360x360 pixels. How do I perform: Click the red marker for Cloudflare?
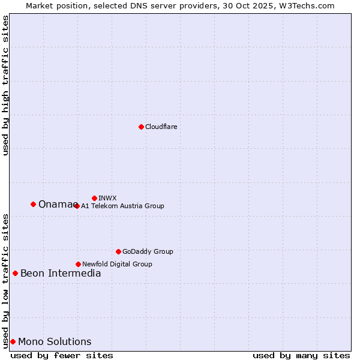[x=141, y=127]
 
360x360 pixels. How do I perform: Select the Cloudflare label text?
[x=161, y=127]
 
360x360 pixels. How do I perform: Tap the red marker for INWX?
[x=94, y=198]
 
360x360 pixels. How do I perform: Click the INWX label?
[x=107, y=198]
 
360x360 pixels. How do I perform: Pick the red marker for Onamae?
[x=33, y=204]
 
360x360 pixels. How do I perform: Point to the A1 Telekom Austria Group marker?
[x=76, y=206]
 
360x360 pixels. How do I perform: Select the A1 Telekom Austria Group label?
[x=122, y=206]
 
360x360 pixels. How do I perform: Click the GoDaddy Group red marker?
[x=118, y=251]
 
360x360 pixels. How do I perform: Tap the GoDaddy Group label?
[x=148, y=251]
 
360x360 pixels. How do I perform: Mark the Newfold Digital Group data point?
[x=78, y=264]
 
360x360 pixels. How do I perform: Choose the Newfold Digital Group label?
[x=117, y=264]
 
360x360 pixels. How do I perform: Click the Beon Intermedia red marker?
[x=15, y=273]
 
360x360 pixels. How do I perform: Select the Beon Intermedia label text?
[x=61, y=274]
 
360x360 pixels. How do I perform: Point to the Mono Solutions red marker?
[x=13, y=341]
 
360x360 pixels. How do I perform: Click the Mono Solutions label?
[x=55, y=342]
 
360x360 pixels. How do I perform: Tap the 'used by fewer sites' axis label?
[x=62, y=355]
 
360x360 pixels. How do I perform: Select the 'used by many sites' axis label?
[x=301, y=355]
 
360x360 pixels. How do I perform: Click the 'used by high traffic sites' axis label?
[x=5, y=85]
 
